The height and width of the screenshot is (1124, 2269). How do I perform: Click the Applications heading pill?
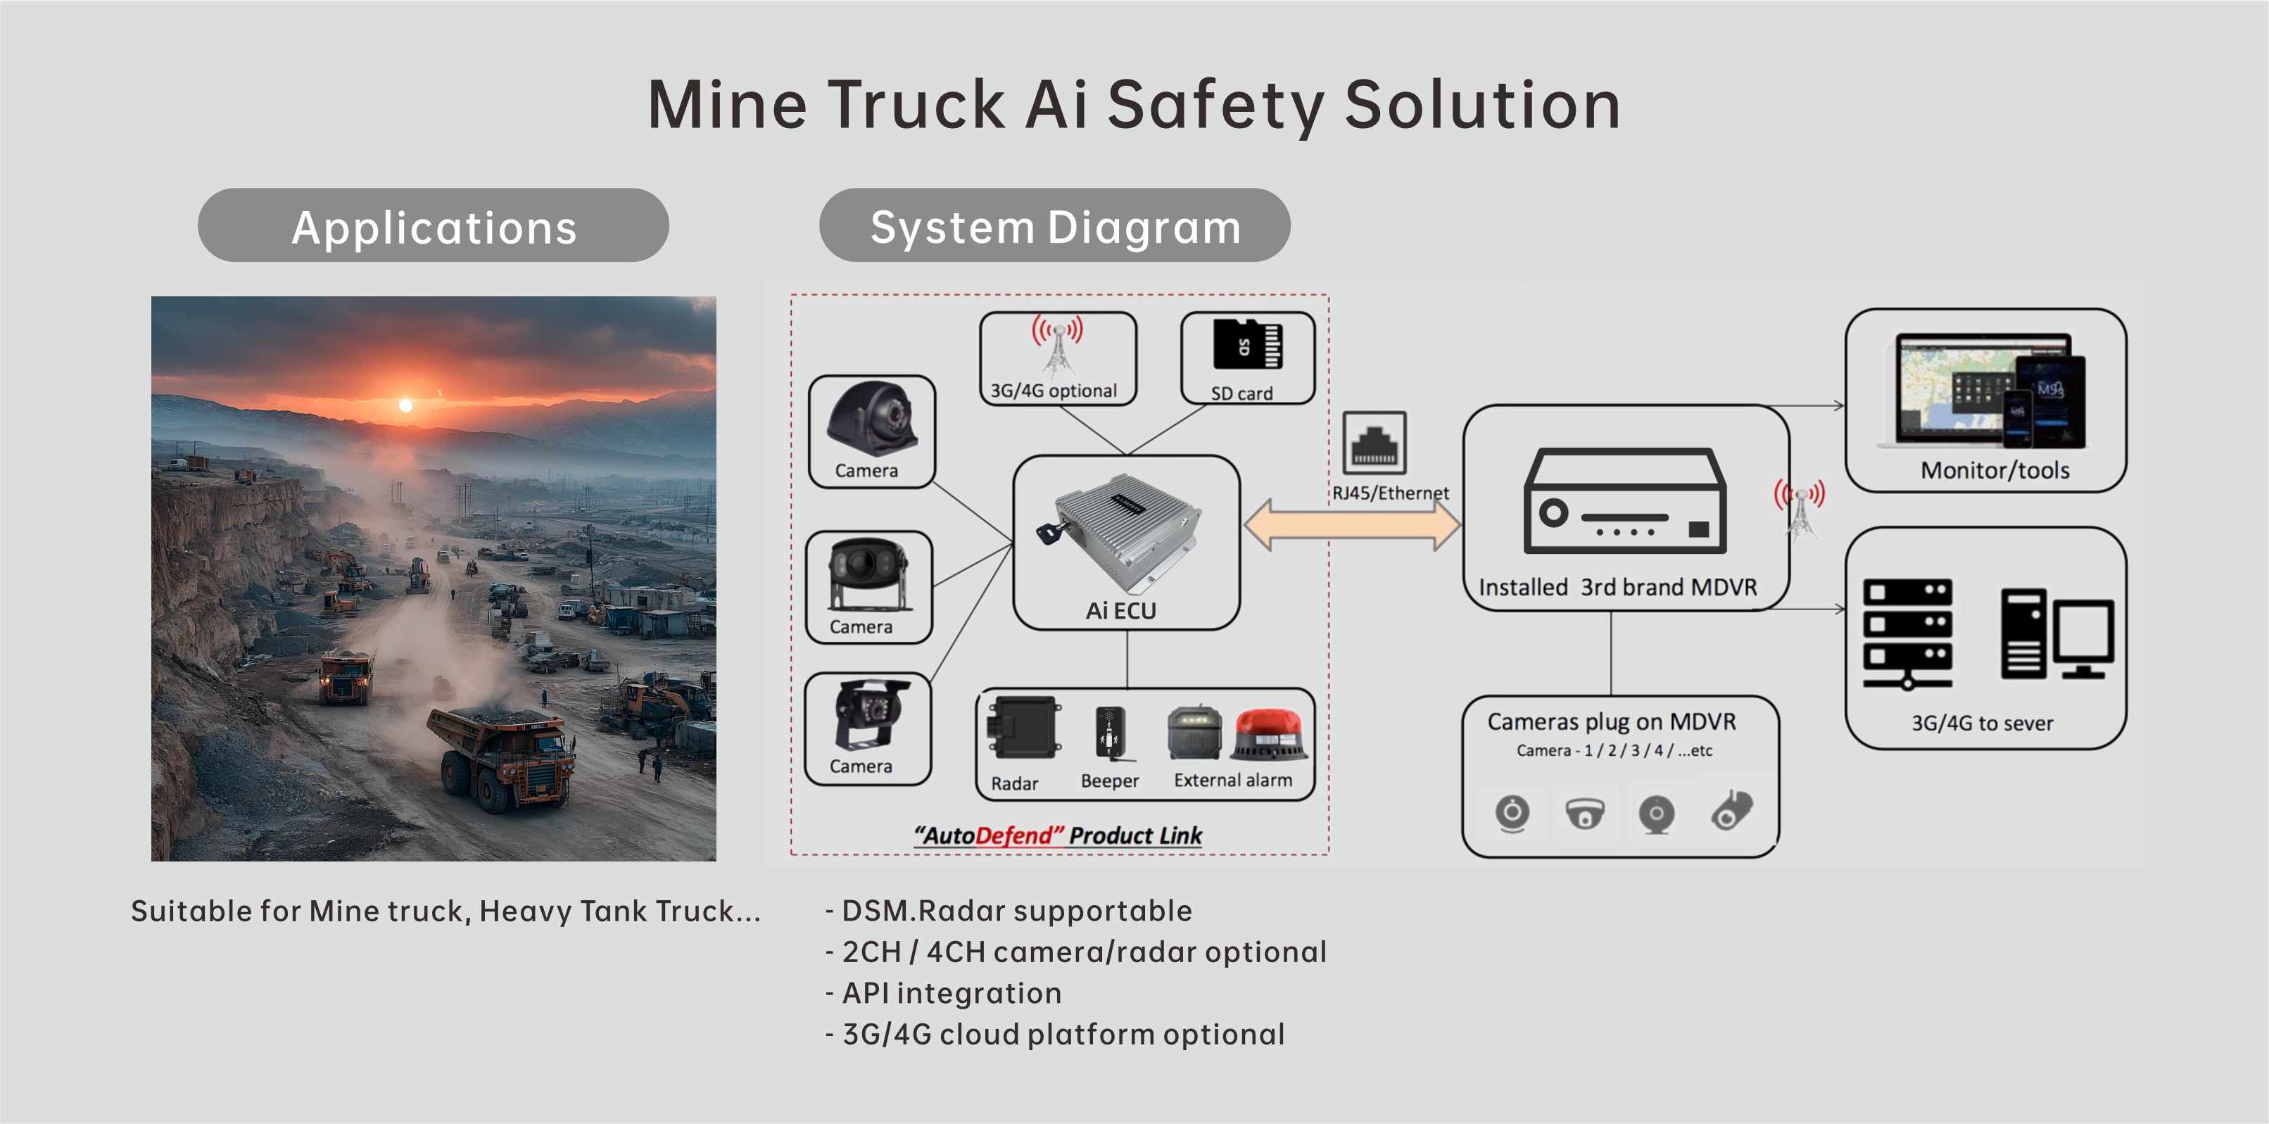pyautogui.click(x=433, y=225)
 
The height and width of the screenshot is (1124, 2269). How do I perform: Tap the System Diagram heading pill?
pyautogui.click(x=1054, y=225)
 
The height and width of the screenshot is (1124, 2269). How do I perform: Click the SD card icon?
pyautogui.click(x=1246, y=343)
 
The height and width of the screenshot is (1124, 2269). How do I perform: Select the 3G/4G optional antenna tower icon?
pyautogui.click(x=1057, y=346)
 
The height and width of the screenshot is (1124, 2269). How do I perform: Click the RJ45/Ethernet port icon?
pyautogui.click(x=1374, y=442)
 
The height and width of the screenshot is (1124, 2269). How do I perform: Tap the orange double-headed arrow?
pyautogui.click(x=1352, y=525)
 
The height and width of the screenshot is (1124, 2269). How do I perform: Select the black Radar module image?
pyautogui.click(x=1023, y=728)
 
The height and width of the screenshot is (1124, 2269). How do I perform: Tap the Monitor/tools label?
pyautogui.click(x=1995, y=470)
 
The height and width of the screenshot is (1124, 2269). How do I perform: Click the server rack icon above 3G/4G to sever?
pyautogui.click(x=1907, y=633)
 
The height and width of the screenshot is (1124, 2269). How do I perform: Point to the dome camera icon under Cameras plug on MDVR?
pyautogui.click(x=1585, y=813)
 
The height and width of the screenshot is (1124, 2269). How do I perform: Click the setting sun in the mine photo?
pyautogui.click(x=405, y=405)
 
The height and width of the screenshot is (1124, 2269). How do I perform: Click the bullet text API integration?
pyautogui.click(x=952, y=993)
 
